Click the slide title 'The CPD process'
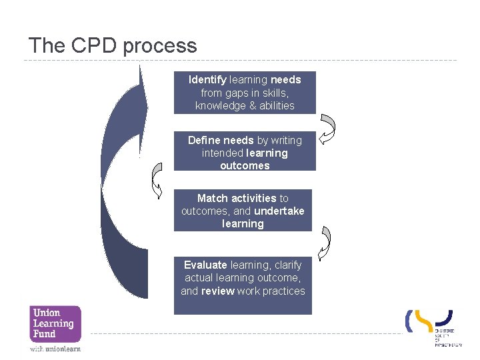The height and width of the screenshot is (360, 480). point(113,45)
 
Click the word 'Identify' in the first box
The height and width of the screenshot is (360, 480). point(207,80)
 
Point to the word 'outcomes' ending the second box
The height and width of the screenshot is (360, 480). point(245,165)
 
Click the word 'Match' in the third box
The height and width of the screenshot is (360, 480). point(213,198)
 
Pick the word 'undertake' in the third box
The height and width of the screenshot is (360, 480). point(279,211)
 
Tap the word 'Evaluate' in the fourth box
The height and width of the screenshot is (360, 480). point(205,265)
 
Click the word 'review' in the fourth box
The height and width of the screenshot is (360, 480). point(217,291)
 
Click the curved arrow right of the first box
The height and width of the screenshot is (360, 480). point(327,128)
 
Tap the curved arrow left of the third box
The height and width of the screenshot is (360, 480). point(157,180)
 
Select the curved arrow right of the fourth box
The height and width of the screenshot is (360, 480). point(326,243)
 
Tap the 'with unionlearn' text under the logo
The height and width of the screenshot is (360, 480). point(55,349)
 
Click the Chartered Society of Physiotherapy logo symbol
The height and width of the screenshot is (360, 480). point(429,321)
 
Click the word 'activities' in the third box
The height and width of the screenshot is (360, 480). point(253,198)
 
